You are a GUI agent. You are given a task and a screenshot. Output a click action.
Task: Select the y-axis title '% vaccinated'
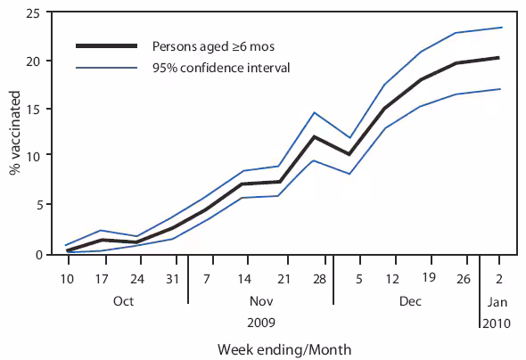pos(15,134)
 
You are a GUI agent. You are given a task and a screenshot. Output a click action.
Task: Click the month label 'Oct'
pos(124,301)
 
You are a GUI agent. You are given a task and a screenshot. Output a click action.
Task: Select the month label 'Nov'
pos(259,301)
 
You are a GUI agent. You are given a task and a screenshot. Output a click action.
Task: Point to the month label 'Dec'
pos(410,301)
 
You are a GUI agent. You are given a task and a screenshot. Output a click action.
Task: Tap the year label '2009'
pos(259,322)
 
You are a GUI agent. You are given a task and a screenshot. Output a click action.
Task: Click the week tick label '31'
pos(172,278)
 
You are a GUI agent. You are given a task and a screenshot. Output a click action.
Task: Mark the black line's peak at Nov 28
pos(313,136)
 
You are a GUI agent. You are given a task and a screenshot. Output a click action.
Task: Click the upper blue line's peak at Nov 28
pos(313,112)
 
